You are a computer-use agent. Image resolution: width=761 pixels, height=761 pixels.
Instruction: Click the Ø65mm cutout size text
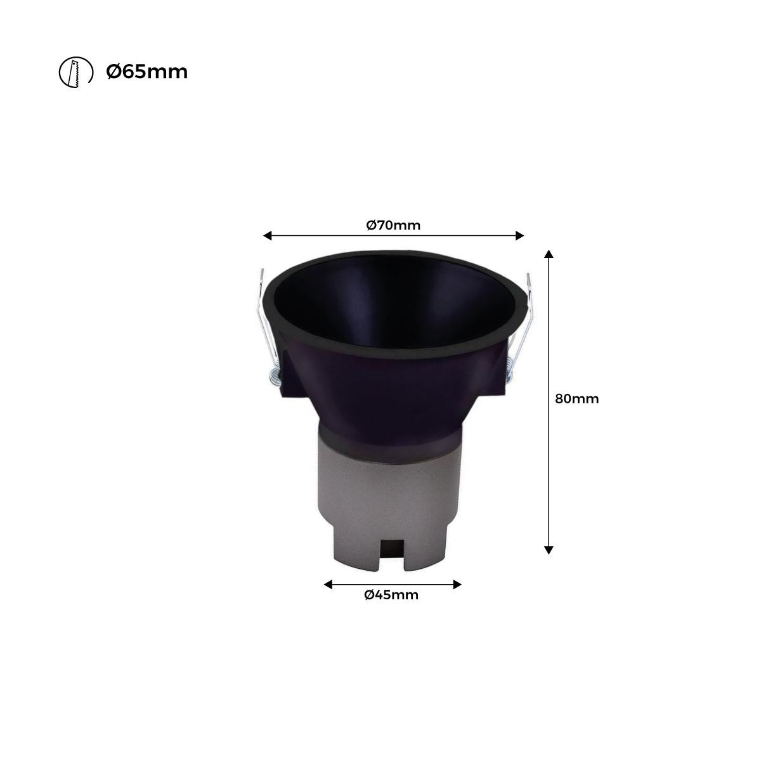(x=146, y=72)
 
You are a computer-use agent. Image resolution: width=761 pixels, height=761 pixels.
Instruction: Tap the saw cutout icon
(x=71, y=73)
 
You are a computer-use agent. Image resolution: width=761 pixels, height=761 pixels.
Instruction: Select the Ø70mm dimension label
(x=393, y=224)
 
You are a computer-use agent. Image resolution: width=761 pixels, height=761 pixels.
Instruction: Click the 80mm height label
(x=576, y=399)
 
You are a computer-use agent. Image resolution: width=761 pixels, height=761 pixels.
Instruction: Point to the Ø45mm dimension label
(x=391, y=594)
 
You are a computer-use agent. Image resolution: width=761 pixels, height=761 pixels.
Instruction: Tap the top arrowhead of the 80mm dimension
(x=549, y=254)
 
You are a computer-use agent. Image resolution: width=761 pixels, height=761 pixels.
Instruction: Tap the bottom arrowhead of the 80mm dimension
(x=549, y=550)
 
